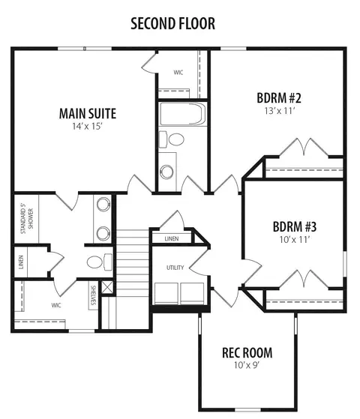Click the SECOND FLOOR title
tap(172, 23)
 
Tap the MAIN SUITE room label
tap(88, 114)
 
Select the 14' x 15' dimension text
tap(88, 127)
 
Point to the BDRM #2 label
tap(279, 97)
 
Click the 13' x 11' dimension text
tap(280, 111)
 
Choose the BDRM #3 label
tap(295, 227)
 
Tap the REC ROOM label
tap(247, 353)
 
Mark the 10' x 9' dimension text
tap(247, 365)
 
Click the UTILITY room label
tap(175, 268)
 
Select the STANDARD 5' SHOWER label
tap(27, 219)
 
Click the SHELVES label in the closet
tap(93, 295)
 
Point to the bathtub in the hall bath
tap(183, 114)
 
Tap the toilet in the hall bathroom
tap(172, 139)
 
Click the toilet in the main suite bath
tap(100, 262)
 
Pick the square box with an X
tap(107, 287)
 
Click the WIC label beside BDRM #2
tap(178, 73)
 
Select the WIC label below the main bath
tap(56, 305)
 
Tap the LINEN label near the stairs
tap(172, 238)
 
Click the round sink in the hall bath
tap(166, 172)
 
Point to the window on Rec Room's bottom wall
tap(248, 410)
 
